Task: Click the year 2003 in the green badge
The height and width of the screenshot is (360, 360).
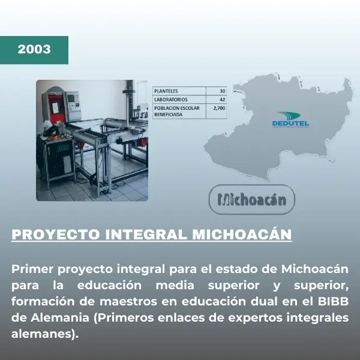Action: [34, 49]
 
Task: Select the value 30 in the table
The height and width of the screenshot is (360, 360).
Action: [222, 91]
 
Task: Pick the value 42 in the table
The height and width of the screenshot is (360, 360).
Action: [222, 99]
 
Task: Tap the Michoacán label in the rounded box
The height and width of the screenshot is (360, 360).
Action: [251, 199]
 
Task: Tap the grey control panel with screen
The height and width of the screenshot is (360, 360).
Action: [73, 102]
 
